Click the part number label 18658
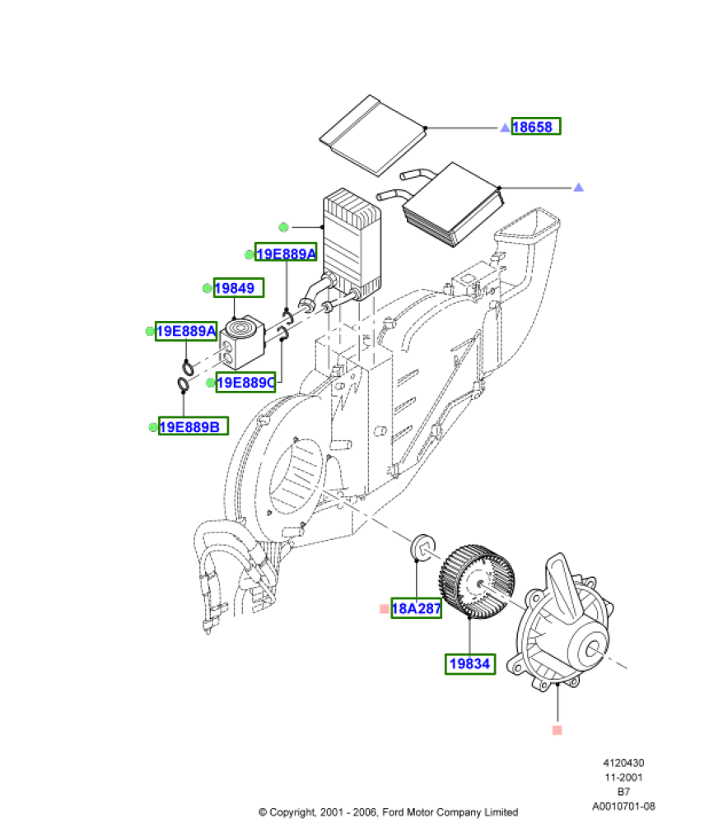pos(536,127)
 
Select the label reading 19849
pos(238,287)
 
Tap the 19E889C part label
pos(245,382)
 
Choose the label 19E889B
pos(194,426)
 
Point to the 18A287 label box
pos(416,608)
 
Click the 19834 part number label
pos(470,664)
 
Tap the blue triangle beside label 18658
pos(505,128)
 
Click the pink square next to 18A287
pos(385,609)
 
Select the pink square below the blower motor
pos(557,730)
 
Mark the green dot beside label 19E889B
pos(153,427)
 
